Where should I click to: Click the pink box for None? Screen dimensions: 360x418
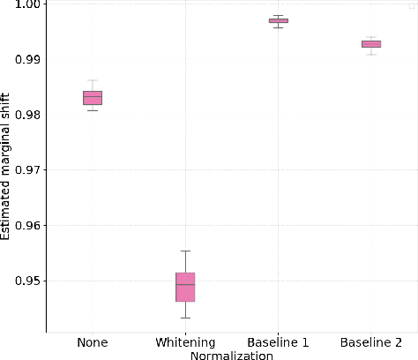[x=93, y=97]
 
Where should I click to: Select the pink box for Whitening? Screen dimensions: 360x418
[x=185, y=287]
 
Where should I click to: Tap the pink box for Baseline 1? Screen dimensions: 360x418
[x=279, y=20]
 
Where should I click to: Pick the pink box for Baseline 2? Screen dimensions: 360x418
[x=371, y=43]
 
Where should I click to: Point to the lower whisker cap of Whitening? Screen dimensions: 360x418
[x=185, y=318]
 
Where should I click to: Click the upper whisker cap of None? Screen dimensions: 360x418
[x=93, y=79]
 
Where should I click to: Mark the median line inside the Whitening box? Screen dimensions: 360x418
[x=185, y=284]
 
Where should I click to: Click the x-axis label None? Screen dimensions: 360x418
[x=93, y=342]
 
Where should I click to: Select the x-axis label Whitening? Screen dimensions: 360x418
[x=185, y=342]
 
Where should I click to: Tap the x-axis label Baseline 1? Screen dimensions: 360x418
[x=279, y=342]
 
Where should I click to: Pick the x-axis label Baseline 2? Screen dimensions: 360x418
[x=371, y=342]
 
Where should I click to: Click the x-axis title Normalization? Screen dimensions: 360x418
[x=232, y=355]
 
